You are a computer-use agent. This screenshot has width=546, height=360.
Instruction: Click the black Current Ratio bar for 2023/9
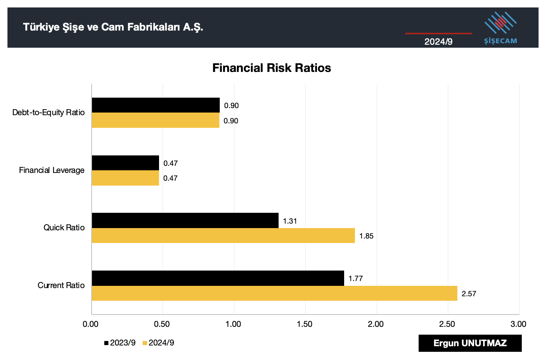pos(218,278)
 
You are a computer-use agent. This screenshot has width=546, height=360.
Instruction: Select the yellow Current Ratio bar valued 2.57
pos(274,293)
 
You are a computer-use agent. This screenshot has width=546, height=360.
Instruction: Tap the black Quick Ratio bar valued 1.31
pos(185,220)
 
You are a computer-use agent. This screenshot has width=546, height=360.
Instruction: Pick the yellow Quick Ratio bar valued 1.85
pos(223,236)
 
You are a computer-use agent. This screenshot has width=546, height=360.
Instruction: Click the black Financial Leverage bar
pos(126,163)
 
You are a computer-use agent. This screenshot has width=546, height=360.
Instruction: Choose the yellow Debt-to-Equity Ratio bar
pos(155,120)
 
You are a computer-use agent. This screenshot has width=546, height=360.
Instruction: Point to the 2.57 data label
pos(469,294)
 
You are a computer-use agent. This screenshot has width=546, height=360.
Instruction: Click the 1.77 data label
pos(355,278)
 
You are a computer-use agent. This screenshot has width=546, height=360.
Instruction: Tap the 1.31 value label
pos(290,221)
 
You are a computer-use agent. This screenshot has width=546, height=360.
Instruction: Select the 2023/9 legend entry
pos(120,343)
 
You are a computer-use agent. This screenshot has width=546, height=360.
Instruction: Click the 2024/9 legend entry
pos(159,343)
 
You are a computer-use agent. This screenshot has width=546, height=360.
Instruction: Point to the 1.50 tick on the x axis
pos(305,324)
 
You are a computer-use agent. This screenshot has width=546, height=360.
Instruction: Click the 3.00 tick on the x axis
pos(518,324)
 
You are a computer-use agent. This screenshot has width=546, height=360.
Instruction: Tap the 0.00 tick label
pos(91,324)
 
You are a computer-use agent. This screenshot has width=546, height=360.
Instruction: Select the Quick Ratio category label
pos(64,227)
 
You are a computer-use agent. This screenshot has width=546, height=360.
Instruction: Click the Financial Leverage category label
pos(52,170)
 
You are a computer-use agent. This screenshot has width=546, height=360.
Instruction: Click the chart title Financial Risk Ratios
pos(272,68)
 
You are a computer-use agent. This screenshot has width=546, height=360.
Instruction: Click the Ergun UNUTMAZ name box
pos(470,343)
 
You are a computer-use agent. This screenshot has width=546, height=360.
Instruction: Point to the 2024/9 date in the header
pos(438,41)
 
